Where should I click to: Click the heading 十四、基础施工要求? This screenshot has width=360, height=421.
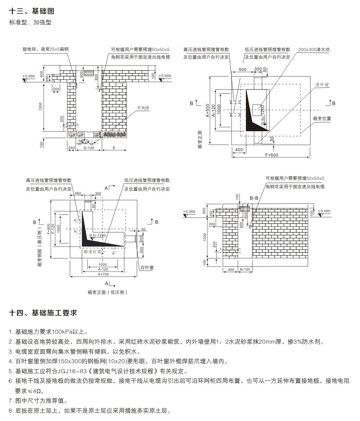tap(43, 313)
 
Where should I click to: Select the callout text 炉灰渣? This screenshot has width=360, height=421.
tap(143, 108)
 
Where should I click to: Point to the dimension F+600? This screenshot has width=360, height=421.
tap(271, 155)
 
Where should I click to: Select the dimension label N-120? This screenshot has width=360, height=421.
tap(245, 270)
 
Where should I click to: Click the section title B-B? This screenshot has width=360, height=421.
tap(254, 198)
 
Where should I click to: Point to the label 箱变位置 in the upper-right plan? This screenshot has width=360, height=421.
tap(322, 118)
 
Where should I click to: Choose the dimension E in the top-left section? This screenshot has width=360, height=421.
tap(114, 148)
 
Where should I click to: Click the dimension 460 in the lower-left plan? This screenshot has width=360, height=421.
tap(77, 193)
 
